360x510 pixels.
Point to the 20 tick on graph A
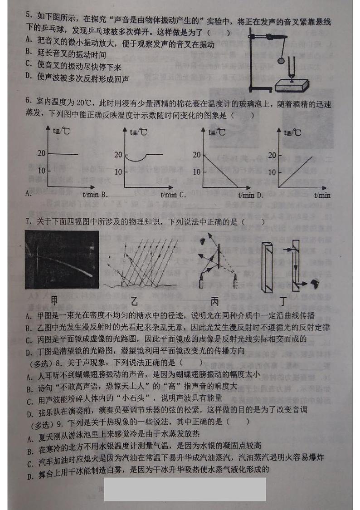[x=41, y=153]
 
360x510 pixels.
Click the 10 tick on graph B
[x=118, y=171]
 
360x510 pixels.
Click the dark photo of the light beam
[x=62, y=259]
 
